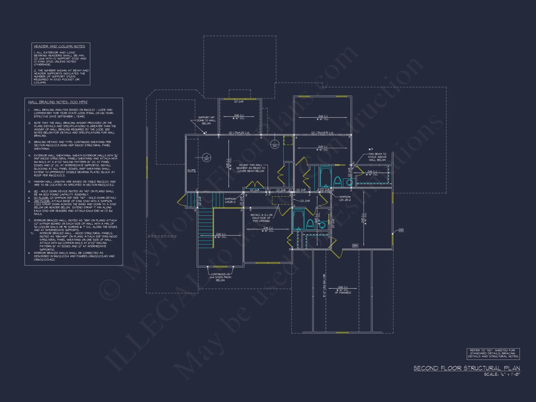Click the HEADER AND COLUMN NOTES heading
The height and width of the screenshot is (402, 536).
click(x=59, y=46)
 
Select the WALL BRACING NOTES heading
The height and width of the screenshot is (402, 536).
click(x=58, y=102)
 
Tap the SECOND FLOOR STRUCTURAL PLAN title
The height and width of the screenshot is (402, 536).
click(x=467, y=368)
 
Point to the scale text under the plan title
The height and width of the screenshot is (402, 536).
click(x=502, y=374)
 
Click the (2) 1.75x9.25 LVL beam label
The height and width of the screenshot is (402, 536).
click(x=239, y=133)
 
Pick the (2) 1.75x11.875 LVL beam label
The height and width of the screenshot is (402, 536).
click(x=322, y=133)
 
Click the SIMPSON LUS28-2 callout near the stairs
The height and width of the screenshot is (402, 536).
click(x=230, y=200)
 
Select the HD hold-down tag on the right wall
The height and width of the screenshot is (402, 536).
click(x=401, y=230)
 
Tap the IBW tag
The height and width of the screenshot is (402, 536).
click(x=355, y=245)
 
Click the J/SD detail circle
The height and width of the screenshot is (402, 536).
click(x=206, y=158)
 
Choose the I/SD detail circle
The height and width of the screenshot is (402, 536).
click(x=275, y=144)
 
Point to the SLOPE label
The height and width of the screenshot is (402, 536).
click(x=191, y=170)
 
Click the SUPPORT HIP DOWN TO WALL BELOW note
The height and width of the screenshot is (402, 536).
click(x=206, y=120)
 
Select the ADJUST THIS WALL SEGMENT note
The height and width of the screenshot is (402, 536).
click(x=251, y=168)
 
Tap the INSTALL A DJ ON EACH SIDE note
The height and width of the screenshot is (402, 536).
click(x=261, y=218)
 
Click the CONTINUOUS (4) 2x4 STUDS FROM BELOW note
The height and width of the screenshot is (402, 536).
click(x=220, y=277)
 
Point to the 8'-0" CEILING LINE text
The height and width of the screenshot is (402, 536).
click(x=324, y=285)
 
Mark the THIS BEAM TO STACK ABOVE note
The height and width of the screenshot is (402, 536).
click(x=377, y=157)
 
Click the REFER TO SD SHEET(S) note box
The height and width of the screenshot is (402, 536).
click(x=493, y=353)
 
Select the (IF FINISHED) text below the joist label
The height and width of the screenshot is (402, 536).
click(x=343, y=293)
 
